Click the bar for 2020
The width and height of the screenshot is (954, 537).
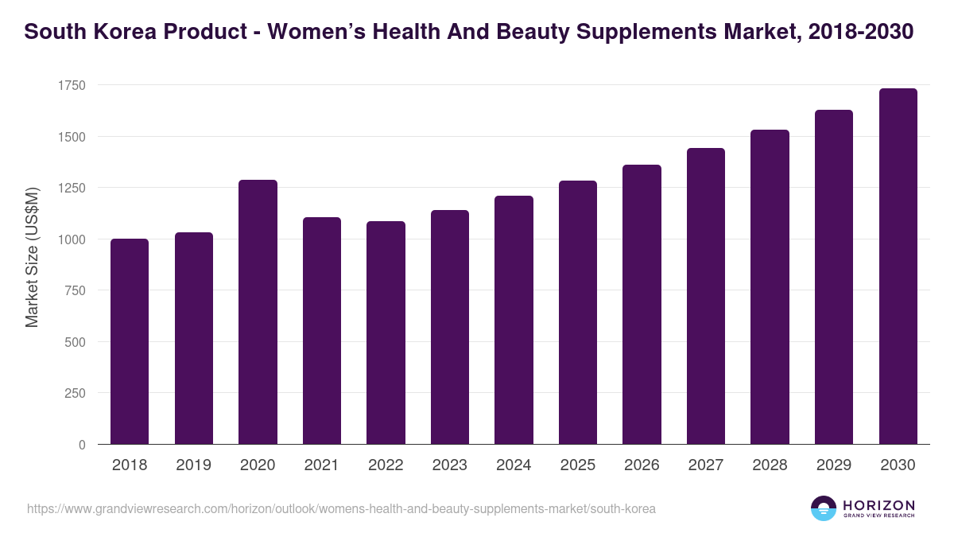(x=258, y=312)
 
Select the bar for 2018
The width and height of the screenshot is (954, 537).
(x=130, y=341)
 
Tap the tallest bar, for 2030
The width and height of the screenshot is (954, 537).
(x=898, y=267)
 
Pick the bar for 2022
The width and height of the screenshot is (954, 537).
(x=386, y=333)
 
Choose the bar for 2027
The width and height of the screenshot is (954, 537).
(x=705, y=296)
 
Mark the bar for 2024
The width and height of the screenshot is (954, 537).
(x=514, y=320)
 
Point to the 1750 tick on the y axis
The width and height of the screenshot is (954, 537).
(x=72, y=85)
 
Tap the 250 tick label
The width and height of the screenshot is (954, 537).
(x=75, y=393)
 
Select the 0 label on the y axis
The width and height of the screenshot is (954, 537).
(x=82, y=445)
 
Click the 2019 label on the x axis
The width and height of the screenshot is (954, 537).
(x=194, y=465)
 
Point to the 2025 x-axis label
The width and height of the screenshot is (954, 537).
(x=577, y=465)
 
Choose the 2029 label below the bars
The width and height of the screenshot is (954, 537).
(x=833, y=465)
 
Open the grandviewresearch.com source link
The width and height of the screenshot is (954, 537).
(x=341, y=508)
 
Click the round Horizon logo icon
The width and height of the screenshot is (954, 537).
(x=824, y=508)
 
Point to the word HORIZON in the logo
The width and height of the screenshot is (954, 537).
(x=878, y=504)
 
